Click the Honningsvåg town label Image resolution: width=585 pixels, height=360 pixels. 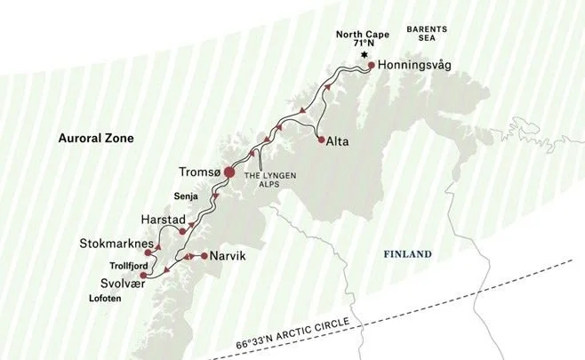416,65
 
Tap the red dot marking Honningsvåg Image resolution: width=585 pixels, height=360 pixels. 371,65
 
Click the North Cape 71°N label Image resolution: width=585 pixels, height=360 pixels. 363,40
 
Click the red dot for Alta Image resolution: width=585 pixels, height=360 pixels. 320,139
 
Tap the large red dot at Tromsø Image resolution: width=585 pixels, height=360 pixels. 228,172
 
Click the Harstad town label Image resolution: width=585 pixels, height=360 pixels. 163,217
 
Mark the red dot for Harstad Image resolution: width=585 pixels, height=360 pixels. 182,231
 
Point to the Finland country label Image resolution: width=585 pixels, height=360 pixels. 407,254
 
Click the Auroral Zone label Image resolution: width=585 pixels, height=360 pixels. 94,138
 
